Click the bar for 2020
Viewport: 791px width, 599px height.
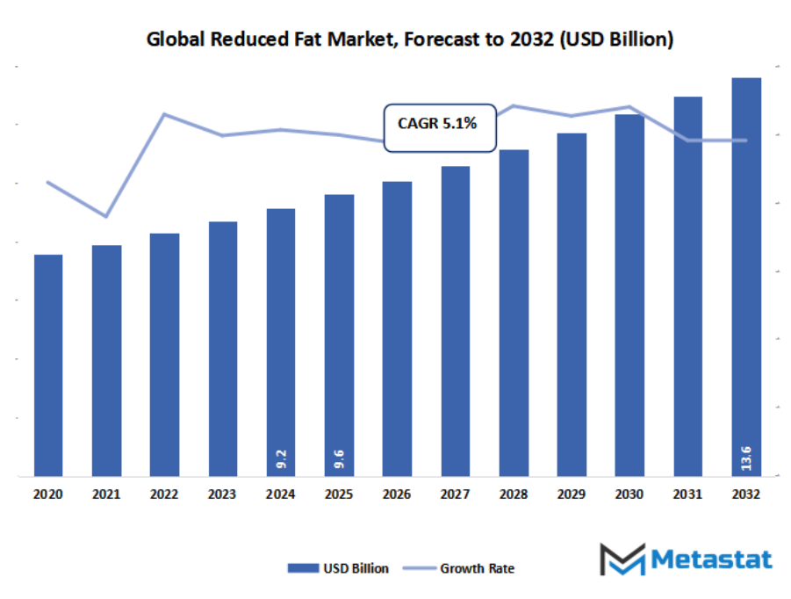48,365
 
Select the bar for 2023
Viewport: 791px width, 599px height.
223,349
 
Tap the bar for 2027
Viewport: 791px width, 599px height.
456,321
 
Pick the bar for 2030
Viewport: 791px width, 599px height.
629,295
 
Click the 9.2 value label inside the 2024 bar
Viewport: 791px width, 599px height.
281,457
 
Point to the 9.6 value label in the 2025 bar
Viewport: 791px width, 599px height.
340,457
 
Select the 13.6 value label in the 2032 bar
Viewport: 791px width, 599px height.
746,457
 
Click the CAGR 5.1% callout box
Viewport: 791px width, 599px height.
440,125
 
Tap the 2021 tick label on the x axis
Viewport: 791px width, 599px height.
106,495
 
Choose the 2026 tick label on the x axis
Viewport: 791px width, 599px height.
397,495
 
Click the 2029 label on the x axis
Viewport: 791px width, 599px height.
572,495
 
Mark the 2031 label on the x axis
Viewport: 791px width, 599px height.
687,495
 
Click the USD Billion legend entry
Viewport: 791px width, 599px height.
339,568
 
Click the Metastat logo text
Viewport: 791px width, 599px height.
711,559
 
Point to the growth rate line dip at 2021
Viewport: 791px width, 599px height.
106,216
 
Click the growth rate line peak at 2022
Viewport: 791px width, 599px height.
164,114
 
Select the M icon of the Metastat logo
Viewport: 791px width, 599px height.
622,559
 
